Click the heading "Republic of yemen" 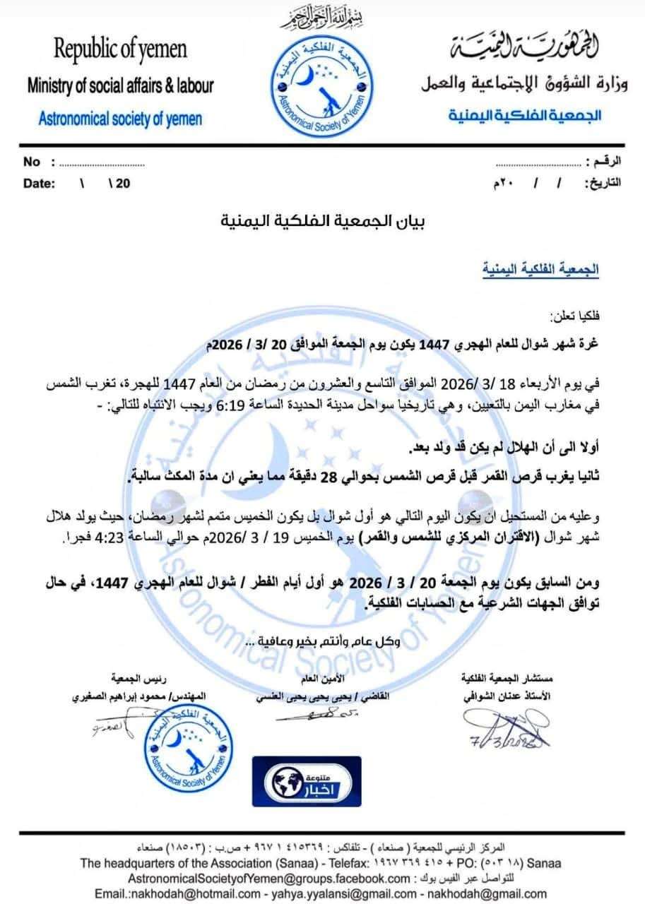pyautogui.click(x=121, y=50)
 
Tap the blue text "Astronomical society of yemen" pyautogui.click(x=120, y=118)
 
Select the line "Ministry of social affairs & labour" pyautogui.click(x=120, y=86)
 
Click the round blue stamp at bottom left pyautogui.click(x=186, y=742)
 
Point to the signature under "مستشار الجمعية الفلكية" pyautogui.click(x=503, y=730)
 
